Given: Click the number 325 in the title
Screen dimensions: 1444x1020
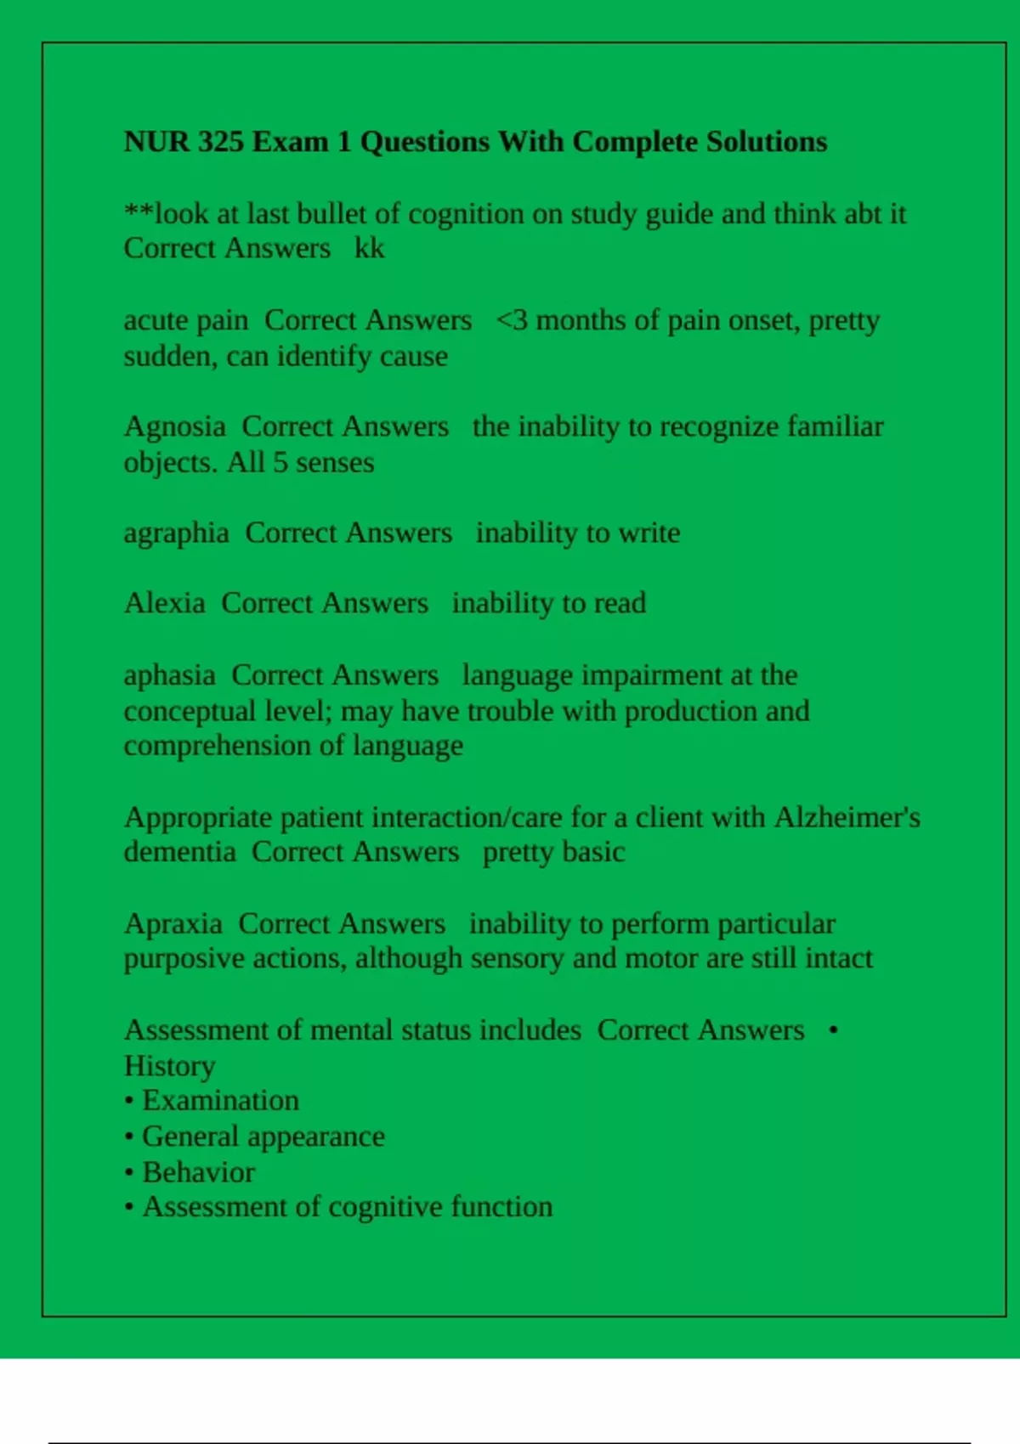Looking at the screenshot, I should tap(220, 142).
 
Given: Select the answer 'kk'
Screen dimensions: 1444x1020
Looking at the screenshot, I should tap(369, 248).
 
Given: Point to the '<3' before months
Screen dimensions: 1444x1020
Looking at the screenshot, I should tap(512, 320).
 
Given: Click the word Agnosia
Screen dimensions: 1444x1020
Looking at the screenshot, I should tap(174, 426).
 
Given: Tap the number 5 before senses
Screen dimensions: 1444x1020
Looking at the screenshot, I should tap(280, 463).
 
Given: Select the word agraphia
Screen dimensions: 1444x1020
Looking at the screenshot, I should tap(176, 533).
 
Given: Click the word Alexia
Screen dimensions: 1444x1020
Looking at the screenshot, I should tap(164, 603).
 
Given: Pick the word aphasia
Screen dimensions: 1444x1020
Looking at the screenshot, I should tap(169, 675).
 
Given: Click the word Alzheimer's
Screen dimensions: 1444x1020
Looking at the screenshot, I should tap(847, 817).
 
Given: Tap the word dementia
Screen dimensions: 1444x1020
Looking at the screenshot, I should tap(179, 852).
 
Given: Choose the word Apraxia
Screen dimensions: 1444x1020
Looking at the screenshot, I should tap(173, 923).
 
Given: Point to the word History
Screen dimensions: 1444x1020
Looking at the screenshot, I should tap(169, 1066).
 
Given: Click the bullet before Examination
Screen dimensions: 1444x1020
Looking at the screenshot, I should tap(129, 1102).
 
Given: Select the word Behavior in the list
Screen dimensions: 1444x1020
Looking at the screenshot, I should tap(198, 1172).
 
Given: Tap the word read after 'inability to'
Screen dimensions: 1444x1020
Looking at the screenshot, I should tap(620, 603).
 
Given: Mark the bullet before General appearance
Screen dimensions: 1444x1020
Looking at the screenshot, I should tap(129, 1137).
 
